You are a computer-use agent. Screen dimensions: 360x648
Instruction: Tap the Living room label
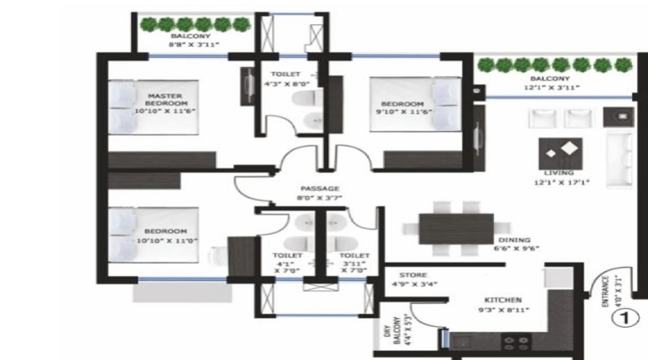point(559,173)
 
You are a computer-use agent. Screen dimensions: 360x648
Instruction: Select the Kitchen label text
point(503,300)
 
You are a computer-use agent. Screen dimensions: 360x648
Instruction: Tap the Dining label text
point(513,240)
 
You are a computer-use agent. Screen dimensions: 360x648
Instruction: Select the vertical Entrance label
point(608,292)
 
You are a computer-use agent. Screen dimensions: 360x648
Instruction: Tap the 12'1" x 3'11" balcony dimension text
point(550,89)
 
